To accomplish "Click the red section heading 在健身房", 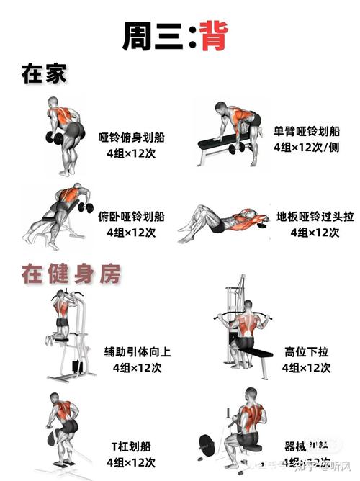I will coord(70,274).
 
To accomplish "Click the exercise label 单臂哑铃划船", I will coord(306,132).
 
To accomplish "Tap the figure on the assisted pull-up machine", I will coord(65,317).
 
